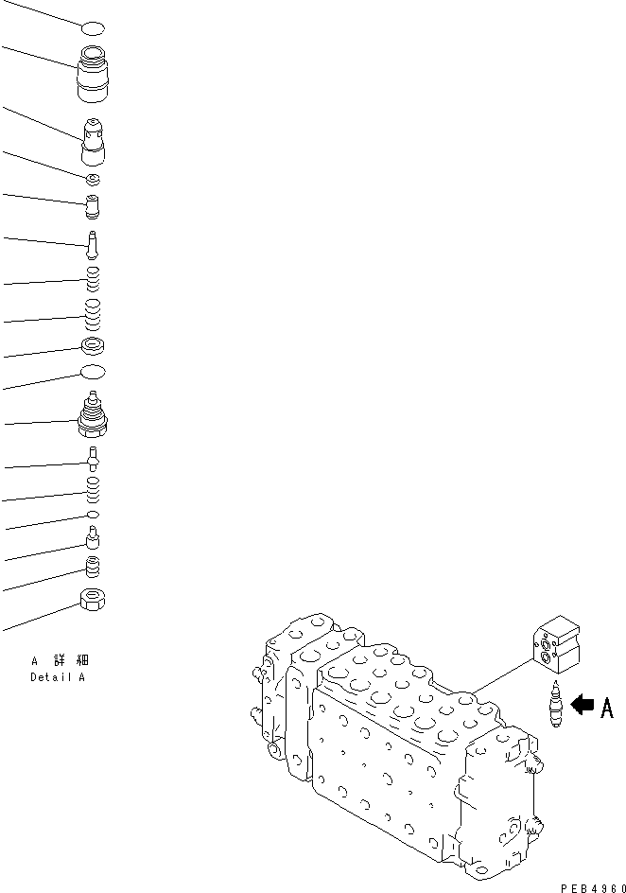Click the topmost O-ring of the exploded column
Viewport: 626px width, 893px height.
pos(93,29)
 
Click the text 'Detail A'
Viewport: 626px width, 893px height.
pos(59,677)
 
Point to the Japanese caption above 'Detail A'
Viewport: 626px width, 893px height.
pos(61,660)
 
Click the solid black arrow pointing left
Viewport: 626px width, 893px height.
pos(583,705)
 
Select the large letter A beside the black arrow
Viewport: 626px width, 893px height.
pos(606,708)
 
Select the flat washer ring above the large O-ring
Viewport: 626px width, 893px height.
pos(93,346)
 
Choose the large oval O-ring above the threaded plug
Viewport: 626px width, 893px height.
pos(93,372)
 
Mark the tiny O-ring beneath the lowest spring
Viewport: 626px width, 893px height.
pos(93,514)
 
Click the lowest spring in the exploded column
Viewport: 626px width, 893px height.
pos(93,488)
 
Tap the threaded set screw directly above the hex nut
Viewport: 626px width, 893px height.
pos(93,566)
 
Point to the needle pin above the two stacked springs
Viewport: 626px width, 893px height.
pos(93,243)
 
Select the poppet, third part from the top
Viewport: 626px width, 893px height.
pos(94,143)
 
